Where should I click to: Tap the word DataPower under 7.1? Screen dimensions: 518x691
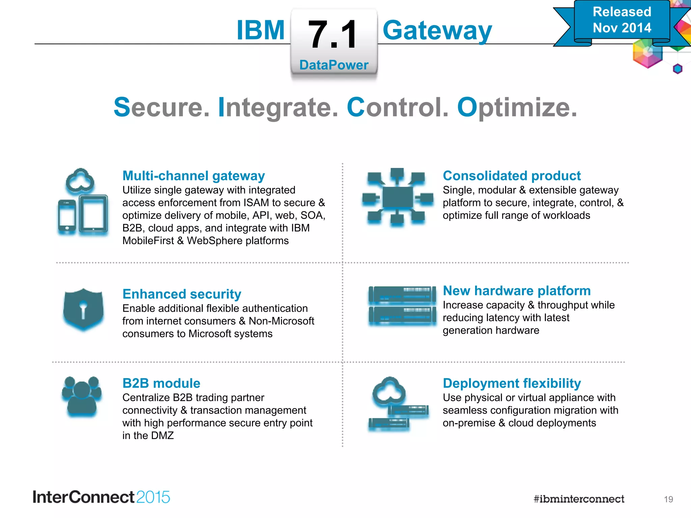click(334, 65)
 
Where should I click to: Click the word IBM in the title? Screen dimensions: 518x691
click(260, 30)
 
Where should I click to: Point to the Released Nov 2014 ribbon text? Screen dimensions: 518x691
click(622, 20)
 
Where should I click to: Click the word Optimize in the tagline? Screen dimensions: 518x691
click(517, 108)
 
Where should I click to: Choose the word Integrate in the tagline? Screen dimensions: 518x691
click(278, 108)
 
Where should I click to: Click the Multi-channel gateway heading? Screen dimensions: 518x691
click(193, 176)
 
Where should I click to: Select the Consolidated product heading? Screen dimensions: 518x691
click(512, 176)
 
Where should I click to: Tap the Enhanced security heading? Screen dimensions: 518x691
click(182, 294)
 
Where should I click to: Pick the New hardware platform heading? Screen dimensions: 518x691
click(517, 291)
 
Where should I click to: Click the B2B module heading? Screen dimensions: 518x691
click(161, 383)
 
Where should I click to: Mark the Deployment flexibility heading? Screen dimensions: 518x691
click(512, 383)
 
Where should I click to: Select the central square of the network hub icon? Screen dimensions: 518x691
click(397, 197)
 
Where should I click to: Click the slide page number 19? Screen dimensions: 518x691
click(668, 499)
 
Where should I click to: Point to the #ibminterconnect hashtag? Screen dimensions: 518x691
click(579, 499)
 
